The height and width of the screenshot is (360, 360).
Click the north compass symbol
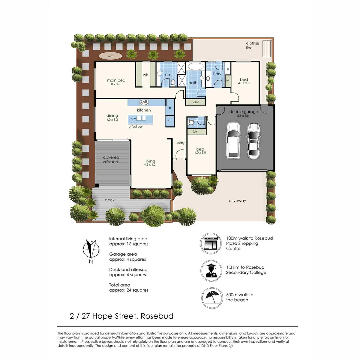91,250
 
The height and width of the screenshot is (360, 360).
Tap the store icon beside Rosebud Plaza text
211,243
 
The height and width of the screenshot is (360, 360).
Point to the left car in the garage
233,140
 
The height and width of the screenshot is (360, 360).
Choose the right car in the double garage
254,141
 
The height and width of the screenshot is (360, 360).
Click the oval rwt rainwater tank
110,56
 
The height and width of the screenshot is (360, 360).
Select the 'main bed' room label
116,80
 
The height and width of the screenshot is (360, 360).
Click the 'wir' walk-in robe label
145,75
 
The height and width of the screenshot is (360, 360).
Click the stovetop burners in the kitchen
144,103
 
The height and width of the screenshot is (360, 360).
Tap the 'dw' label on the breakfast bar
133,118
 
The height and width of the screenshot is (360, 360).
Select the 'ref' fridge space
169,120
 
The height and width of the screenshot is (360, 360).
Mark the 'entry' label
181,143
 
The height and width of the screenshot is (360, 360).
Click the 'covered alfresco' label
111,159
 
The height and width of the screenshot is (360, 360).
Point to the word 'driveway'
237,201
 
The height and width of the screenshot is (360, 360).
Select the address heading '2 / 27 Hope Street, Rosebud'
121,316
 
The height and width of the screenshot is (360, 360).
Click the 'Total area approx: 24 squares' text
129,287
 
